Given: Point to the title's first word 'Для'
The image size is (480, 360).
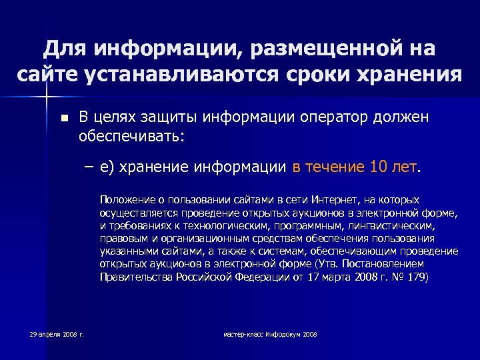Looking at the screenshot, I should click(66, 48).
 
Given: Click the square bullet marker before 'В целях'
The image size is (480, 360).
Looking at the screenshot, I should click(63, 118).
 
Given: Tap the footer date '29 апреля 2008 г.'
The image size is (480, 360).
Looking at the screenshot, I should click(57, 333).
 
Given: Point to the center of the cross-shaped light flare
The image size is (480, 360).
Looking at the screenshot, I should click(46, 97).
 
